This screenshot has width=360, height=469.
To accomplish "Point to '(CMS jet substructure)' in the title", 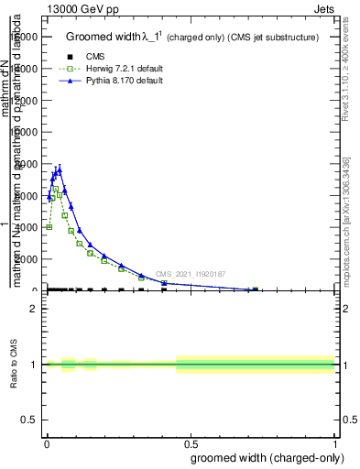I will point(272,38).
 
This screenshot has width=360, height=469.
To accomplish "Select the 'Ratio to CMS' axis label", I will point(15,365).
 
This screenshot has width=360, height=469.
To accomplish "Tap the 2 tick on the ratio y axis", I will point(34,309).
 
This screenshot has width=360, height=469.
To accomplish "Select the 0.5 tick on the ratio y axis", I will point(30,420).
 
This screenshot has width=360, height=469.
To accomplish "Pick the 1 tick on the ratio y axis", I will point(34,365).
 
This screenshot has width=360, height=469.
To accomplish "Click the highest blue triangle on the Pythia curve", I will point(60,169).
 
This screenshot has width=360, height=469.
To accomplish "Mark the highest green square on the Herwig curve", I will point(55,189).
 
